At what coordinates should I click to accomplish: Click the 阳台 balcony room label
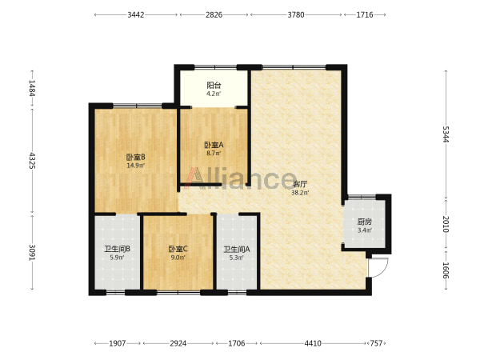tap(214, 85)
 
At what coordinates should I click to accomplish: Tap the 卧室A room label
tap(214, 145)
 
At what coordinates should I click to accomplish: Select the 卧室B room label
tap(136, 158)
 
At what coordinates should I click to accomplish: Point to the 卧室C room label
tap(178, 249)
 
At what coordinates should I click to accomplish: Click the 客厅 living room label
tap(300, 184)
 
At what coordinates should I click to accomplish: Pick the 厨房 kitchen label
tap(365, 222)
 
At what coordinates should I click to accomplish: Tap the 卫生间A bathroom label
tap(237, 250)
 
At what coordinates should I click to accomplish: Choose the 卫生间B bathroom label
tap(118, 249)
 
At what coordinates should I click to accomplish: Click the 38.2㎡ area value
tap(300, 193)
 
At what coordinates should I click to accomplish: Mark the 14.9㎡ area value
tap(136, 166)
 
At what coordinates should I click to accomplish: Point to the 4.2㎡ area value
tap(214, 94)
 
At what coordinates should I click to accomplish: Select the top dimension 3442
tap(136, 14)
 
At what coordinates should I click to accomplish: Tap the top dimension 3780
tap(296, 14)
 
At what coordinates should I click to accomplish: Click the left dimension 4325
tap(32, 161)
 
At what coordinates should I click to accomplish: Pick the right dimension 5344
tap(446, 134)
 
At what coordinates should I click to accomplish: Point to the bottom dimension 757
tap(376, 343)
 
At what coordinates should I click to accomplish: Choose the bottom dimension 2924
tap(178, 343)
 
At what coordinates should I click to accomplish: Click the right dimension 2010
tap(446, 224)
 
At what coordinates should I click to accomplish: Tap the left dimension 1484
tap(32, 88)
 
